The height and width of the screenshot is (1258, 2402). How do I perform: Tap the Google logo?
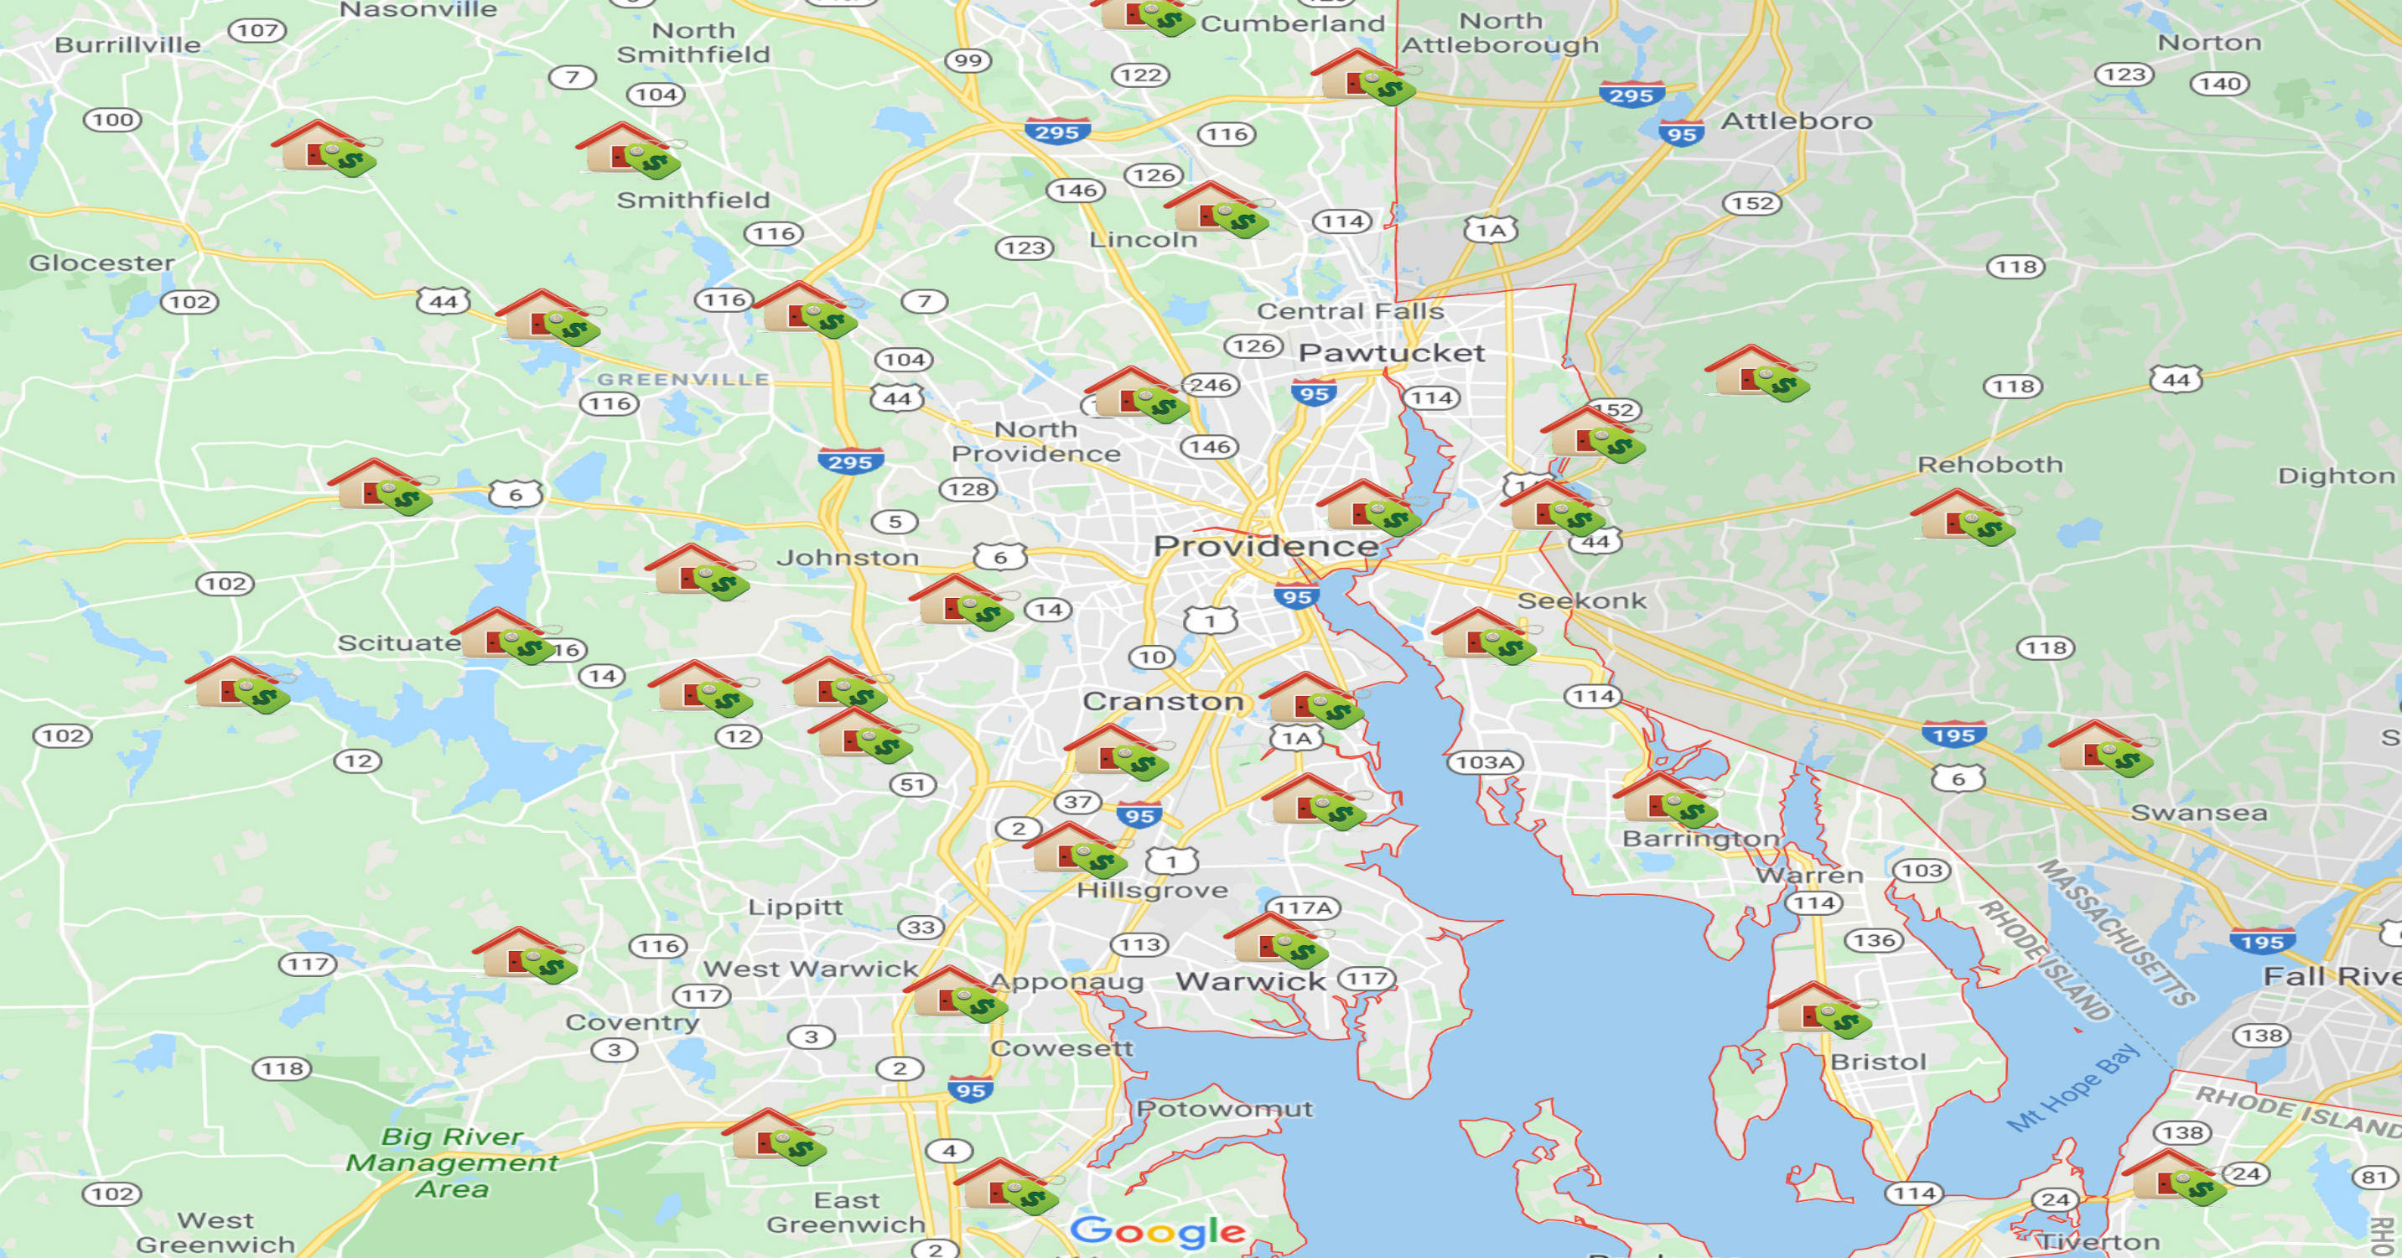point(1157,1231)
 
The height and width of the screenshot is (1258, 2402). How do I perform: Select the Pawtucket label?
point(1391,352)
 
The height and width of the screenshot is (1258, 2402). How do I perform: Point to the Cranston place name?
point(1163,700)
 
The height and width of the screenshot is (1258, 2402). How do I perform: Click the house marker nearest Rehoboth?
point(1961,517)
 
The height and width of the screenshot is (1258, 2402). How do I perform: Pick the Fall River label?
point(2331,976)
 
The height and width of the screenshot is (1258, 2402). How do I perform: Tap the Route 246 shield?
point(1211,385)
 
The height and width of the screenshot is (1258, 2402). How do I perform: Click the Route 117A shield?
point(1304,907)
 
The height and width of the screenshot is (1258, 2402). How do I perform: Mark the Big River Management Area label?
point(451,1162)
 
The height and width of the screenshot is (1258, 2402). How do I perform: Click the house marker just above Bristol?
point(1819,1010)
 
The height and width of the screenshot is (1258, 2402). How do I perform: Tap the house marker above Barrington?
point(1665,799)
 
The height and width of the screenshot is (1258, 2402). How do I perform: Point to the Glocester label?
point(101,263)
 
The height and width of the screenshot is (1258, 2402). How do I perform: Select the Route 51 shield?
point(913,784)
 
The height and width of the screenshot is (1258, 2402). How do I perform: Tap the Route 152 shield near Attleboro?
point(1752,203)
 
